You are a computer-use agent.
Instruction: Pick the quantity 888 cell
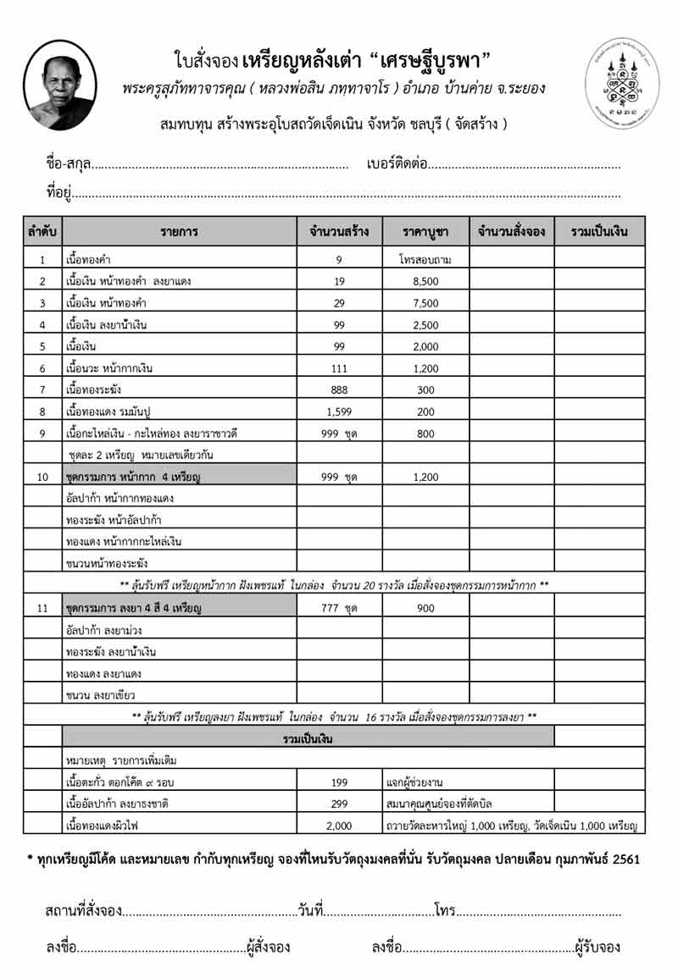(338, 390)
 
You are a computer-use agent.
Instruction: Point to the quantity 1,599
(338, 412)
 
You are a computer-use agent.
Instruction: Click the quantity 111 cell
(338, 367)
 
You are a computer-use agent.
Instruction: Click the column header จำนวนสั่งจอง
(512, 231)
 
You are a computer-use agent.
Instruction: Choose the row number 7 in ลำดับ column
(42, 390)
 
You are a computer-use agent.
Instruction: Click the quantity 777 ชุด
(338, 608)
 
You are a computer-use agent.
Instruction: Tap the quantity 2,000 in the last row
(338, 823)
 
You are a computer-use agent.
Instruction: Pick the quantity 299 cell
(338, 801)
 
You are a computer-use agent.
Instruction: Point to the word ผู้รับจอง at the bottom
(597, 947)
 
